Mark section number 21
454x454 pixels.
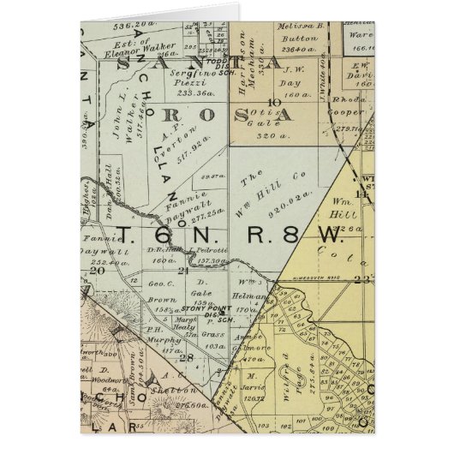point(182,271)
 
